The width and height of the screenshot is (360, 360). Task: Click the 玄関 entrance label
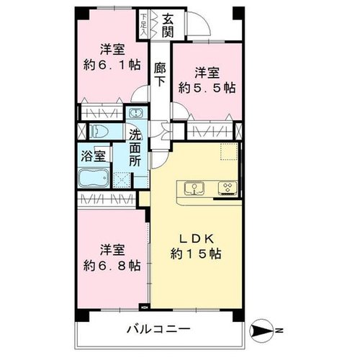point(168,26)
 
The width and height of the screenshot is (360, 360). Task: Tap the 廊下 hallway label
point(160,74)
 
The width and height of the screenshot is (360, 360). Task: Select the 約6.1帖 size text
point(112,65)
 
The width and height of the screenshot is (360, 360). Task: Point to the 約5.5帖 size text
point(207,89)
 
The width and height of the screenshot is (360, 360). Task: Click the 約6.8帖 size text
point(112,266)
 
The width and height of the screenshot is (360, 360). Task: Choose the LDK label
point(197,239)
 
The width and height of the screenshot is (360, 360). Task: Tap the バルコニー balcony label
point(158,329)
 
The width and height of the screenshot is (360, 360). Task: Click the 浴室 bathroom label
point(93,156)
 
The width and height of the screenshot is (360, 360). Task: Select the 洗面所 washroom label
point(135,148)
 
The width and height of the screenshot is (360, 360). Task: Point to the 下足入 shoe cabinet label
point(143,25)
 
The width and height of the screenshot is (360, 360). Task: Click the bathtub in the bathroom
point(94,178)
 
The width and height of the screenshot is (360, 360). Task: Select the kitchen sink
point(194,188)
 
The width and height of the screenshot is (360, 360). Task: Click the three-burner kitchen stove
point(228,187)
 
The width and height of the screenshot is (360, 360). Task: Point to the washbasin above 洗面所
point(136,113)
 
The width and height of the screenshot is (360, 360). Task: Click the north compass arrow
point(261,331)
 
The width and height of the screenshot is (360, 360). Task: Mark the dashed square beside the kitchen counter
point(229,152)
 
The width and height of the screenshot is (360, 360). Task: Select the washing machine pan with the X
point(122,180)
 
